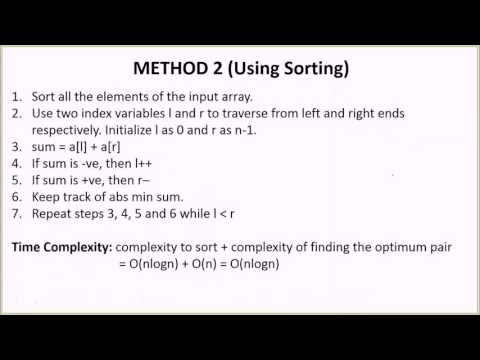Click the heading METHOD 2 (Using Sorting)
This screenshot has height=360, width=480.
tap(240, 70)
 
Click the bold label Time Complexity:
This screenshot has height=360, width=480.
tap(62, 246)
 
